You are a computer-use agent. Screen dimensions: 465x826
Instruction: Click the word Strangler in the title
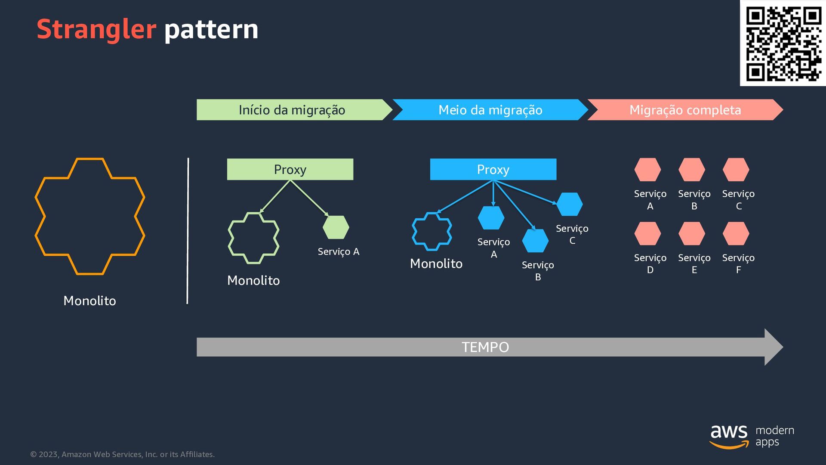pos(96,29)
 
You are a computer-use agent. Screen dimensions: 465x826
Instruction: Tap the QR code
pos(783,43)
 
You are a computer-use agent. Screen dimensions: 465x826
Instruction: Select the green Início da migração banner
pos(292,110)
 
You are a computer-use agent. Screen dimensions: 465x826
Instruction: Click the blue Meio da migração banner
pos(490,110)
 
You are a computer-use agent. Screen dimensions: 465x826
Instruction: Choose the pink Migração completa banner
pos(685,110)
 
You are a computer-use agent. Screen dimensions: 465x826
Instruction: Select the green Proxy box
pos(290,169)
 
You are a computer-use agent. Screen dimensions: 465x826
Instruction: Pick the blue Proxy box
pos(493,169)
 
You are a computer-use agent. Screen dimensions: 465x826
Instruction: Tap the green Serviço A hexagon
pos(336,227)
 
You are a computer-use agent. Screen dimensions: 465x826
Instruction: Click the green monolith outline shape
pos(232,238)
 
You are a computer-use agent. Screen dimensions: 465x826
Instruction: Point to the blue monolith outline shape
pos(416,232)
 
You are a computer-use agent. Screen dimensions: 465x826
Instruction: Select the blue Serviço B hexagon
pos(535,240)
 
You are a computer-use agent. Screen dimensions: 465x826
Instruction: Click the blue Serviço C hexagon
pos(570,204)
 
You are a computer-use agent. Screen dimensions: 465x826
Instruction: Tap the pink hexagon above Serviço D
pos(647,233)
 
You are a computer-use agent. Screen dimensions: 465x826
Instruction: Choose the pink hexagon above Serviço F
pos(736,233)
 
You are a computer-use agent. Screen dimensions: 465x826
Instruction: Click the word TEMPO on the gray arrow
pos(485,347)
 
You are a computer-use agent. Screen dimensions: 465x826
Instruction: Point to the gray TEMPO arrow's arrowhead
pos(773,347)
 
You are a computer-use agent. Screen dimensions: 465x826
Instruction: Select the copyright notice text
pos(123,454)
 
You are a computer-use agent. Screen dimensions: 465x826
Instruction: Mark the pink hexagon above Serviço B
pos(692,170)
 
